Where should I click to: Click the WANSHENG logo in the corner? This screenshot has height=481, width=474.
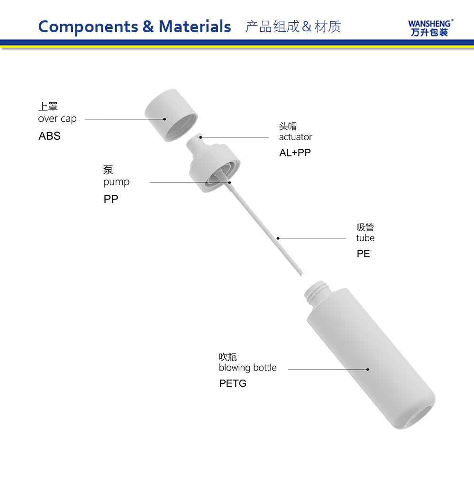430,28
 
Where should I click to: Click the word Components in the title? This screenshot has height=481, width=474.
88,27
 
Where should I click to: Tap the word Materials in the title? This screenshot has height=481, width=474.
194,27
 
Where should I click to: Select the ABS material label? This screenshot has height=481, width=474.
49,136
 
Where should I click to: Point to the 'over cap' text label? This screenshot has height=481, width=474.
57,119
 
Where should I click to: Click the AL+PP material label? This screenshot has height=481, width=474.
295,153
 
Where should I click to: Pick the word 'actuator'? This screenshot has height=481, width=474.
295,137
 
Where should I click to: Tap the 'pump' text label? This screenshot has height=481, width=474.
116,182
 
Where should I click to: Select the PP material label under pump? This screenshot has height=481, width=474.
111,199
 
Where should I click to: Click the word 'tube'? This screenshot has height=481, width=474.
365,238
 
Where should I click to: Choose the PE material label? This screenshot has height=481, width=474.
363,254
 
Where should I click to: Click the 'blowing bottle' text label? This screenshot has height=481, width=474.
247,367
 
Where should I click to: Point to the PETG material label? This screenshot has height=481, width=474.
233,383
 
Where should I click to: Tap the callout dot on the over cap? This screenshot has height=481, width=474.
164,119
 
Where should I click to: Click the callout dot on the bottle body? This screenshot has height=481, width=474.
367,369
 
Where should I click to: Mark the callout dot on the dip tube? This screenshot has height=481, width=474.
278,238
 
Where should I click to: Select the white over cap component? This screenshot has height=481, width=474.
171,115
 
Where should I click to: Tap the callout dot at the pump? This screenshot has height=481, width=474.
229,182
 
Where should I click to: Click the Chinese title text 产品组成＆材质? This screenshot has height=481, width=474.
293,27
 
